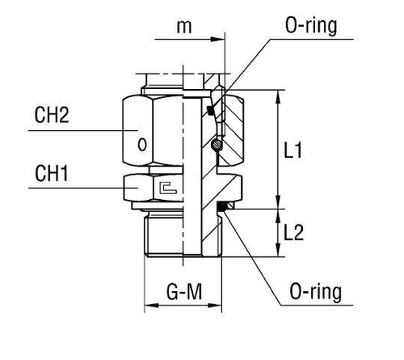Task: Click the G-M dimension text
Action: pos(183,290)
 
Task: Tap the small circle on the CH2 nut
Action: pos(143,146)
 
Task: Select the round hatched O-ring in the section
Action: pos(217,146)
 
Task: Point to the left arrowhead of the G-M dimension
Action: pos(149,307)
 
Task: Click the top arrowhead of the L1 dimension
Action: pos(279,95)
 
